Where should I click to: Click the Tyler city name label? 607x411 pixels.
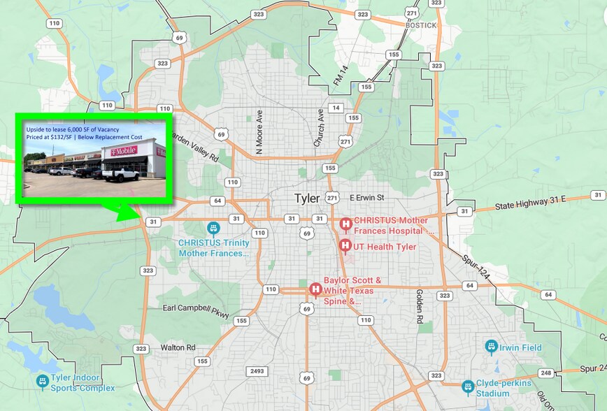click(x=307, y=199)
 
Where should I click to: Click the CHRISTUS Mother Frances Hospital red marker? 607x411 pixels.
click(x=345, y=224)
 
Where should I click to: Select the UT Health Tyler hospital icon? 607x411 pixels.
click(x=345, y=246)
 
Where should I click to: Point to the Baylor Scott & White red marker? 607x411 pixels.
click(x=315, y=289)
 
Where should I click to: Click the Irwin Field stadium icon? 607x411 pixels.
click(x=491, y=347)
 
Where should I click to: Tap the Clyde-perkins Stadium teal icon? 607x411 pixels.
click(x=468, y=387)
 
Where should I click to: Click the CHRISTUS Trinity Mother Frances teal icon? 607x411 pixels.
click(x=213, y=229)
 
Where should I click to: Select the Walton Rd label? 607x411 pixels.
click(x=178, y=347)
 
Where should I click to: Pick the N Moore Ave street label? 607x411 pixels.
click(x=259, y=131)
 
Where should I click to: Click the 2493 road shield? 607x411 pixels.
click(x=257, y=371)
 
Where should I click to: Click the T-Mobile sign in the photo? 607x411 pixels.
click(x=120, y=150)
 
